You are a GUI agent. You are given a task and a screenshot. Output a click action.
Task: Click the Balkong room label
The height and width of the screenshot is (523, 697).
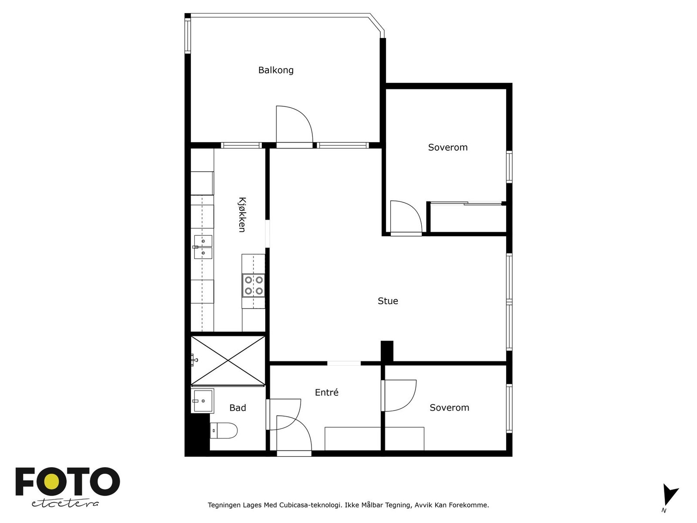[x=276, y=70]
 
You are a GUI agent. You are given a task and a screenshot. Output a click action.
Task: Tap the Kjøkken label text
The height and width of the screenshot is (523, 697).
[x=242, y=214]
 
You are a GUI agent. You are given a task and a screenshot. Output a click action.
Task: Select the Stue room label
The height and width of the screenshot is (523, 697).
[x=388, y=301]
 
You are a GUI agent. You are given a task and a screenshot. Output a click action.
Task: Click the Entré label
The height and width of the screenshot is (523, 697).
[x=327, y=393]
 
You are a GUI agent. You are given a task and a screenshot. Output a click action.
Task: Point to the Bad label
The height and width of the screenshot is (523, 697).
[x=238, y=408]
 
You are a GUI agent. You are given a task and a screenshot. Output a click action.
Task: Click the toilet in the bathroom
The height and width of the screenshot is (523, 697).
[x=224, y=431]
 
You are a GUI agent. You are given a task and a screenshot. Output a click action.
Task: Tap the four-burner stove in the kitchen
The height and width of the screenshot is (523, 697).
[x=254, y=285]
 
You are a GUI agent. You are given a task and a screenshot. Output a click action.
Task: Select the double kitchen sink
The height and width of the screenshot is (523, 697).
[x=203, y=247]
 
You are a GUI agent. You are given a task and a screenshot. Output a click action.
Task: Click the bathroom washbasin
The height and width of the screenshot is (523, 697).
[x=203, y=401]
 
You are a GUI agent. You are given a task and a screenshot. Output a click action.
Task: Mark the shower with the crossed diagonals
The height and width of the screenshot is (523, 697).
[x=228, y=360]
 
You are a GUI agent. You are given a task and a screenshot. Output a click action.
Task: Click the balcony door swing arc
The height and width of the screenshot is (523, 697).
[x=295, y=124]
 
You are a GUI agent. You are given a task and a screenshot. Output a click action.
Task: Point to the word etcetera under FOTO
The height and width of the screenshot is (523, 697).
[x=65, y=503]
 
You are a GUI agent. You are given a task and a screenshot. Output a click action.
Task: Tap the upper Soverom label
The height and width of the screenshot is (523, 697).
[x=448, y=148]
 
